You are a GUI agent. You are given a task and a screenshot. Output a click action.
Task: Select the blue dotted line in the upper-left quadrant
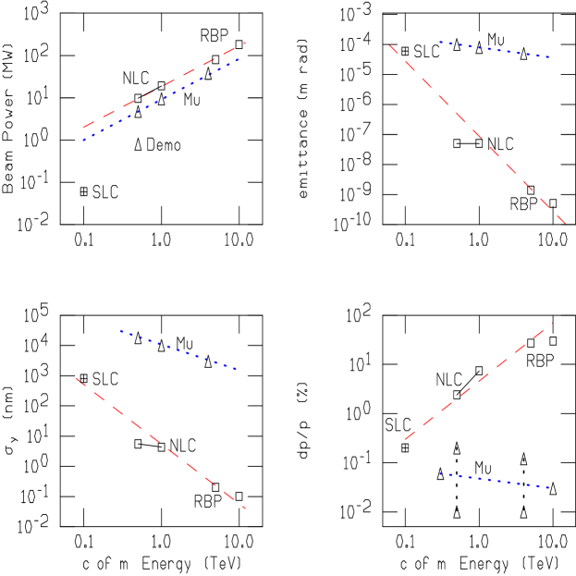point(162,99)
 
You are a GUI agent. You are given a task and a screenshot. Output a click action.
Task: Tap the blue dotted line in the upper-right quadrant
point(495,49)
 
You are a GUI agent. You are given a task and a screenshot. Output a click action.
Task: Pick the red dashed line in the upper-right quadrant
point(478,134)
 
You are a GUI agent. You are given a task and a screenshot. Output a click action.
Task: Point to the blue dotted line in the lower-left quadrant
point(178,349)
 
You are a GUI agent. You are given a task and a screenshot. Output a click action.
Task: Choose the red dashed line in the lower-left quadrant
point(161,443)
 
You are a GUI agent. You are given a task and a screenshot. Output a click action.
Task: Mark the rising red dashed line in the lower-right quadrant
point(478,381)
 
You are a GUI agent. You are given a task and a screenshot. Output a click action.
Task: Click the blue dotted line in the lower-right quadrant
point(495,481)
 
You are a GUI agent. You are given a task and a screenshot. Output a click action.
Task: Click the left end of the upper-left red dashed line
point(82,129)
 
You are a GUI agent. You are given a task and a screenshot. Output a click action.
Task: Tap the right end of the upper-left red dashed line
point(245,43)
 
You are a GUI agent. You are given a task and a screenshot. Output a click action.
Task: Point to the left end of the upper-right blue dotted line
point(439,42)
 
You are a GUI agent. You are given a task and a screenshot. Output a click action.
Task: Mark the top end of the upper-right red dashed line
point(390,44)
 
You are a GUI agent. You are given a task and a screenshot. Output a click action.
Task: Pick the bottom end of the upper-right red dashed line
point(566,224)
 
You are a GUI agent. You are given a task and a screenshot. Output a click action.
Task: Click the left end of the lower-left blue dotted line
point(119,330)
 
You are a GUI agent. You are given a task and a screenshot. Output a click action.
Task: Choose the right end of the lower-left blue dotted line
point(238,370)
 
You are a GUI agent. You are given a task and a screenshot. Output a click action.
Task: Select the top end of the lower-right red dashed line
point(552,322)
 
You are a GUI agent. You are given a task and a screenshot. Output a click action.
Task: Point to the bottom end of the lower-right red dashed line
point(404,440)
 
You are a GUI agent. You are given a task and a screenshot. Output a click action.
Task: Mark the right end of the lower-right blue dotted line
point(550,487)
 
